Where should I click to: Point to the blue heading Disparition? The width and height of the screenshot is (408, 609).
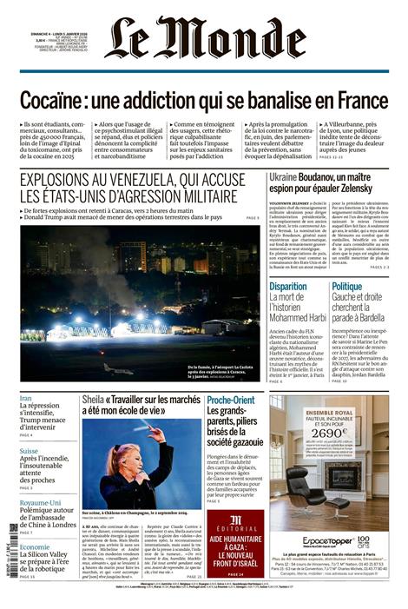(287, 286)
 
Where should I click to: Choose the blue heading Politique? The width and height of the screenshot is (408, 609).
(346, 286)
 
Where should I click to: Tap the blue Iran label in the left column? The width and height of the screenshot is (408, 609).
(26, 398)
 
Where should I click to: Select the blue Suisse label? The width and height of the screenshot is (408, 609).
(29, 451)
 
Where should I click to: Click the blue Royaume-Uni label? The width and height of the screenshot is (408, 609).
(40, 503)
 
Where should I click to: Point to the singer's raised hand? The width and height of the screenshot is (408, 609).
(156, 434)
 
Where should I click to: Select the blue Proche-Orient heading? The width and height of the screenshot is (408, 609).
(231, 400)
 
